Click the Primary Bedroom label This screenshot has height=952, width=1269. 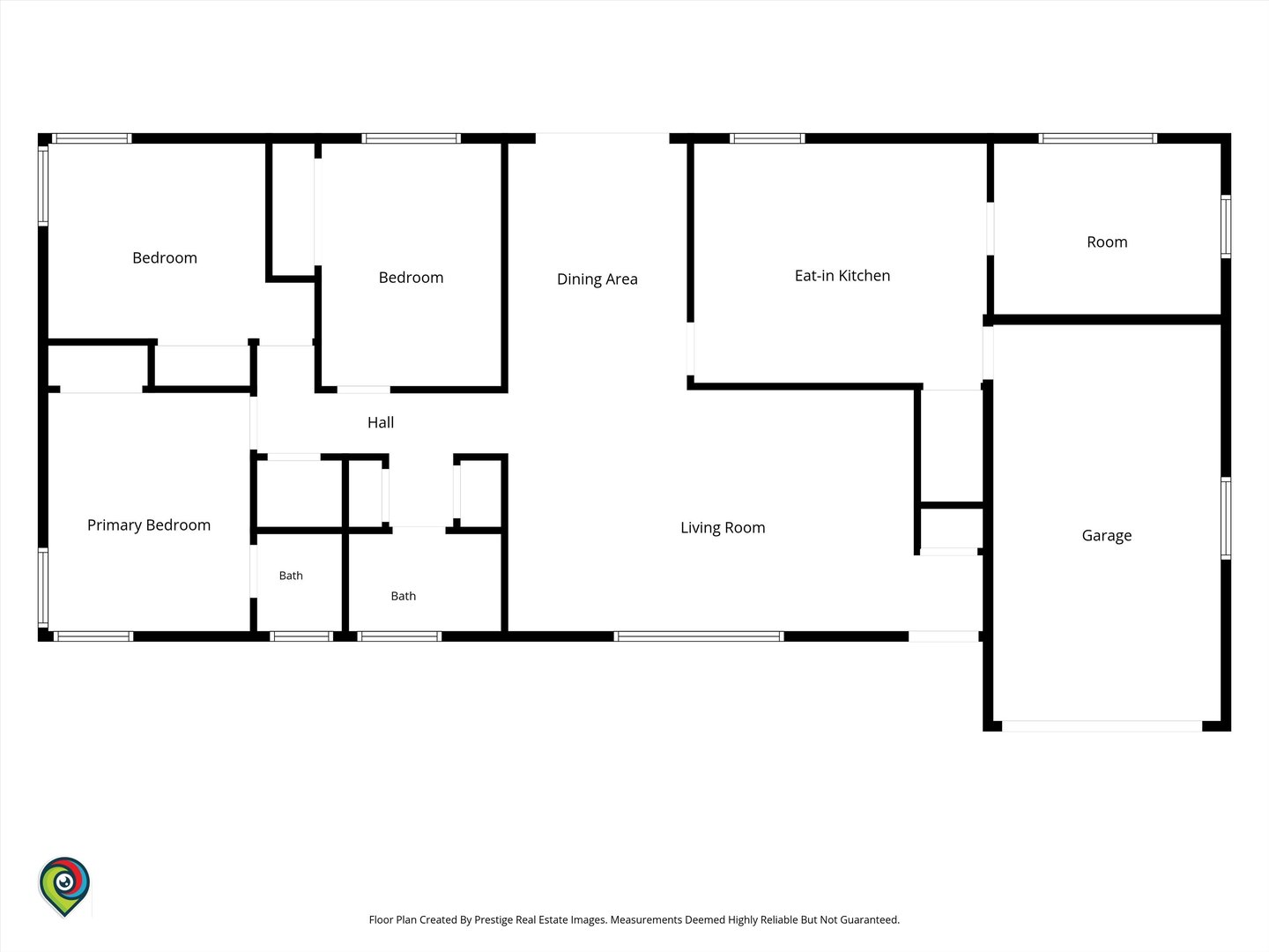pos(149,525)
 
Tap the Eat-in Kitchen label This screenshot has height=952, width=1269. pos(842,276)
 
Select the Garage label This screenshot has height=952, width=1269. pos(1107,536)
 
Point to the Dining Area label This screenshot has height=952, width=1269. pos(597,279)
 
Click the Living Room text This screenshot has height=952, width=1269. pos(723,528)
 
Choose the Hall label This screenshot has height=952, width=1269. pos(381,422)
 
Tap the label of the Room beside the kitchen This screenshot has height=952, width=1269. pos(1107,242)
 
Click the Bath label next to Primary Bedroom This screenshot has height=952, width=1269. pos(291,576)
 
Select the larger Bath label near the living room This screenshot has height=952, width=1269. pos(403,596)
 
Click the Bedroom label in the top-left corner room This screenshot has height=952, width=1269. pos(165,257)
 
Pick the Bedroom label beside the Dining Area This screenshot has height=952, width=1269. pos(411,278)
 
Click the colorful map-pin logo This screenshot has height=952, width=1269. pos(64,886)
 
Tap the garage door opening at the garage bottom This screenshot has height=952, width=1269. pos(1102,726)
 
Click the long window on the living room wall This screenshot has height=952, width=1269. pos(698,636)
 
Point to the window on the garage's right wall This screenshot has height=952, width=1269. pos(1226,518)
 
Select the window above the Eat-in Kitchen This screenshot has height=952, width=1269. pos(768,138)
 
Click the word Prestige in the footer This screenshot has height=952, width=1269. pos(493,919)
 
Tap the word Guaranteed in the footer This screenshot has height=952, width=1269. pos(870,919)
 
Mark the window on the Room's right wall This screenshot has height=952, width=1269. pos(1226,227)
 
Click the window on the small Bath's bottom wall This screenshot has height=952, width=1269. pos(301,636)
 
